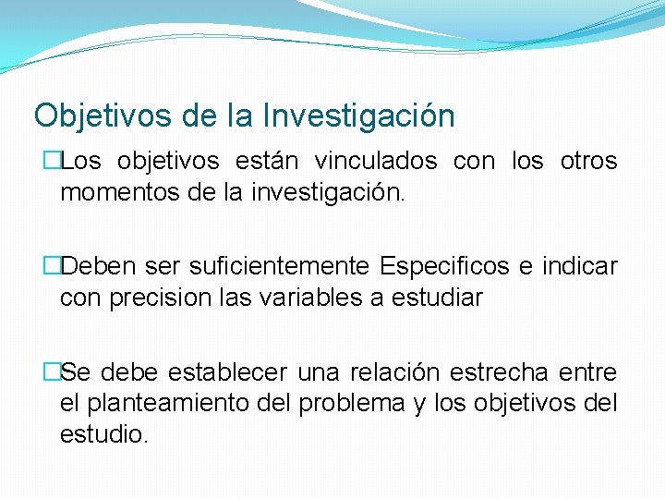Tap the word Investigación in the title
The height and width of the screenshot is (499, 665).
(x=359, y=116)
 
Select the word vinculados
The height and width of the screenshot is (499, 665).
(x=376, y=161)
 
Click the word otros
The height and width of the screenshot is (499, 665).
(x=588, y=161)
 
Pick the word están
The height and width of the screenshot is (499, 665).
(x=267, y=161)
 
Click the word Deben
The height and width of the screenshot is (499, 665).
(x=103, y=267)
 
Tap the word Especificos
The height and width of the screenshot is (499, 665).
(x=444, y=267)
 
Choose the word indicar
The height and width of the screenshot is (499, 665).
(x=579, y=267)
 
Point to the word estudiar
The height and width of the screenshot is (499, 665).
(x=441, y=298)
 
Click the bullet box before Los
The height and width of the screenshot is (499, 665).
(x=53, y=162)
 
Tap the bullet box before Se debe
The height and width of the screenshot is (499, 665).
(x=53, y=373)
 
